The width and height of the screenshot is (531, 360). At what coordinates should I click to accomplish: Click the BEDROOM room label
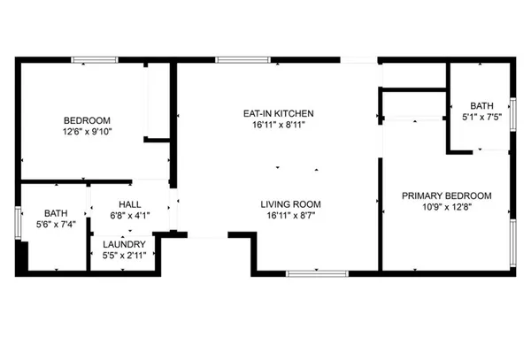86,121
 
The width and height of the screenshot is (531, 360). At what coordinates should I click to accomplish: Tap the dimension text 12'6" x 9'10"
86,133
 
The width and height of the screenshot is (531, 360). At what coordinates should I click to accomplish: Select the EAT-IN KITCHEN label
279,113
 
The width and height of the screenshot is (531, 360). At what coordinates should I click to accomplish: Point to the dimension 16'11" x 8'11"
279,125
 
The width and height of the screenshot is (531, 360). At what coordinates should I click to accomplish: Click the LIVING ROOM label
283,203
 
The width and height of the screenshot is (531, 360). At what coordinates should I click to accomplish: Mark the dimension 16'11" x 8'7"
283,215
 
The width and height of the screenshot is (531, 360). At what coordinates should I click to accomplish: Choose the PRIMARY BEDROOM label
446,195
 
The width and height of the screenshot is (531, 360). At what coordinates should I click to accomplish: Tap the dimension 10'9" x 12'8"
446,207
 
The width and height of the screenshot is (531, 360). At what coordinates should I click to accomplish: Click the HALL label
130,203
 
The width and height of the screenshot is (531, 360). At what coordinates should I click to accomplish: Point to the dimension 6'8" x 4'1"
130,215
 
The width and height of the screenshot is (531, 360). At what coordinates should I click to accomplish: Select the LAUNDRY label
123,244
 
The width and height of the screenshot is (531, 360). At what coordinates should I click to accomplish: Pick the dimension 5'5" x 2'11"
123,256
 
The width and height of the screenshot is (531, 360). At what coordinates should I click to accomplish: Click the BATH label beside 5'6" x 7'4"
56,212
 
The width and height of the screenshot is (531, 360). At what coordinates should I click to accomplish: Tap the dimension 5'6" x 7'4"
56,224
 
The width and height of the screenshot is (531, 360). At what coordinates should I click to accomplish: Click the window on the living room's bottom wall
315,271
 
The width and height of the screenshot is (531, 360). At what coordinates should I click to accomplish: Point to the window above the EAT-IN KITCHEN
242,59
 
